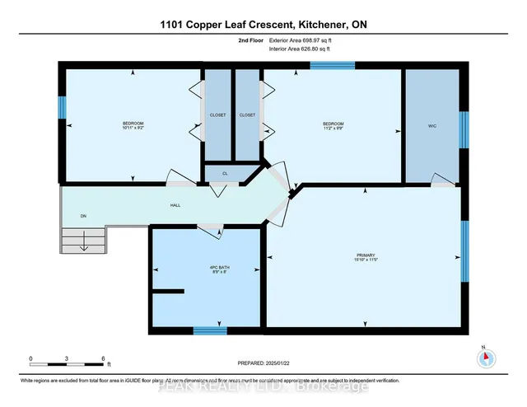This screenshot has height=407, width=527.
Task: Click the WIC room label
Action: (431, 126)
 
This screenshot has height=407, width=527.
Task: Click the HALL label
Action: (175, 204)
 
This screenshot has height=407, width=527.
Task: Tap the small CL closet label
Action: (224, 174)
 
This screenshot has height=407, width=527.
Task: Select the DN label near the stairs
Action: (83, 217)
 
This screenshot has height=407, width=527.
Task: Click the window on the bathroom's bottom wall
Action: (210, 330)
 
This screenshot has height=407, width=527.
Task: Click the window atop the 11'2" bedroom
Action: (332, 65)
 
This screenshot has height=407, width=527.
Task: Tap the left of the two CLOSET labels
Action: (217, 115)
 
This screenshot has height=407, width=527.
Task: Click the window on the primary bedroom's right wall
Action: (464, 250)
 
